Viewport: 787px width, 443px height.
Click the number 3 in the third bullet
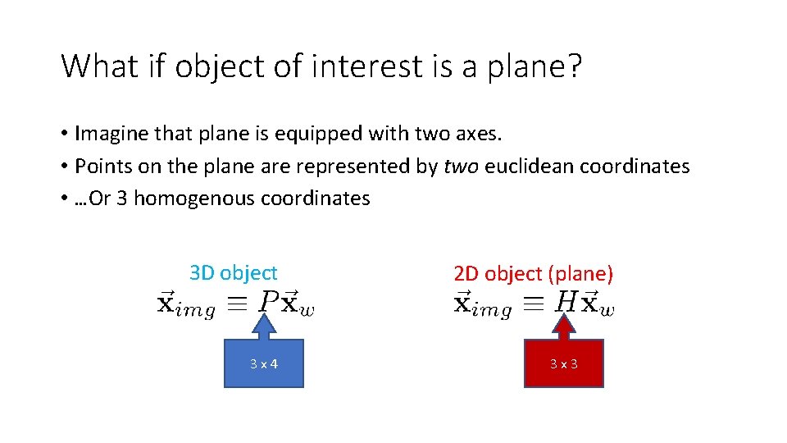pyautogui.click(x=121, y=199)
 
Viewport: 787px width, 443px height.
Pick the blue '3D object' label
pyautogui.click(x=234, y=272)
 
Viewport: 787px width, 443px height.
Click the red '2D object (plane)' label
pyautogui.click(x=534, y=273)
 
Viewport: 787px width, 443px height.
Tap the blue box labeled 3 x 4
pyautogui.click(x=264, y=363)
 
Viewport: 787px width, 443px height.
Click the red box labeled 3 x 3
pyautogui.click(x=563, y=363)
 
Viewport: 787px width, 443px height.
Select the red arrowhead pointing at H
pyautogui.click(x=563, y=327)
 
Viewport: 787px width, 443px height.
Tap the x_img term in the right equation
pyautogui.click(x=483, y=304)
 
